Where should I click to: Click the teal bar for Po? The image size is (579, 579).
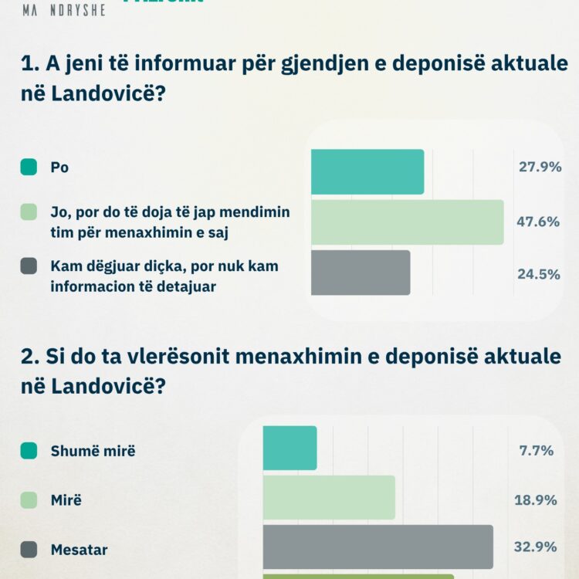[367, 171]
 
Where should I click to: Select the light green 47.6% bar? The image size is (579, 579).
[407, 222]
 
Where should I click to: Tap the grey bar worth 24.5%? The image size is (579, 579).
[361, 273]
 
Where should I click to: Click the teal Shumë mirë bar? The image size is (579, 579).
[289, 448]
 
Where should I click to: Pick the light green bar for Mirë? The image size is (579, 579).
[329, 497]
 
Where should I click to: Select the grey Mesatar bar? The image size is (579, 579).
[378, 547]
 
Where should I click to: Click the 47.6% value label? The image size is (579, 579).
[538, 222]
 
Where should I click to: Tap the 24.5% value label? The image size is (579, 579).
[539, 273]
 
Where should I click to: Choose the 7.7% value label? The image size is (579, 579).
[537, 450]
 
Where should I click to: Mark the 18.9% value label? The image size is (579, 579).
[536, 500]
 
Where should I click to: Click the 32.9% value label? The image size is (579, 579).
[536, 547]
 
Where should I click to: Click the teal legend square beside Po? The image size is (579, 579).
[29, 167]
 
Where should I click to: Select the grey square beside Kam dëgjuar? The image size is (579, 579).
[29, 266]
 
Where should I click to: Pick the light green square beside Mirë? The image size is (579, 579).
[29, 500]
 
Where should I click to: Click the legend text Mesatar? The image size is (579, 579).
[79, 550]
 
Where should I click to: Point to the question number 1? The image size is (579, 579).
[28, 66]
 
